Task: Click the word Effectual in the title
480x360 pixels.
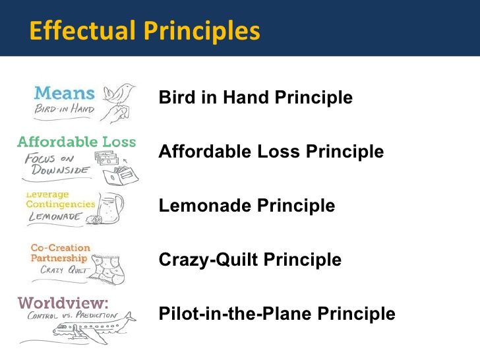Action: [x=82, y=30]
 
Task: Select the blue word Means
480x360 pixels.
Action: [x=65, y=93]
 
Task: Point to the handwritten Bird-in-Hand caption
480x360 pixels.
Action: [x=65, y=109]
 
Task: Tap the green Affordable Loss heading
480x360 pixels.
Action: [x=76, y=142]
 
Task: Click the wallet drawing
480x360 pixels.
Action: [x=121, y=175]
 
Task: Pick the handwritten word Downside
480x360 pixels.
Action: [x=61, y=169]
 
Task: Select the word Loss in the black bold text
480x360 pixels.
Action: [x=278, y=151]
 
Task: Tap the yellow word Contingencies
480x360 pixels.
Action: [x=61, y=204]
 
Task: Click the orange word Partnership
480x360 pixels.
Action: [x=59, y=258]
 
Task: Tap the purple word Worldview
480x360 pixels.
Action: [x=63, y=303]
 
